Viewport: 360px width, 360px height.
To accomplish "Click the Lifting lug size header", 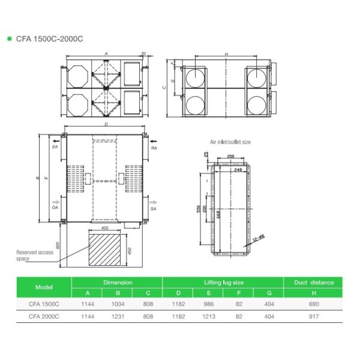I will coord(223,281).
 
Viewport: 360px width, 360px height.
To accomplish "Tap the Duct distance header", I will coord(313,281).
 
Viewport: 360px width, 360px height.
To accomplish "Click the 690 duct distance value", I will coord(313,304).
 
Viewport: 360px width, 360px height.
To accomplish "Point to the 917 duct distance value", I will coord(313,316).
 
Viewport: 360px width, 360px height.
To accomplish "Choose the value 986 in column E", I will coord(208,304).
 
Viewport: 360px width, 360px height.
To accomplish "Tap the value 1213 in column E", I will coord(208,316).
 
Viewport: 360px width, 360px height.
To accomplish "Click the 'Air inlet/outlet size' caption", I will coord(230,142).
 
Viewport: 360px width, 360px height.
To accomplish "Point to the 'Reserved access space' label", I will coord(34,256).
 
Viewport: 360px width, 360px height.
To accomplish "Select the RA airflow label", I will coord(154,147).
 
